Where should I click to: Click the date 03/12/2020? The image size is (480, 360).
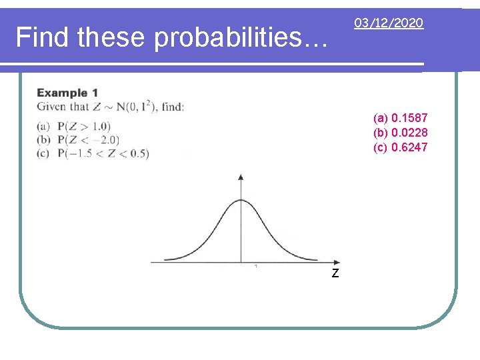click(388, 23)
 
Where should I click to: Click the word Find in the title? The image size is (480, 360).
click(43, 37)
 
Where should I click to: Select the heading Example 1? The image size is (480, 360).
click(67, 93)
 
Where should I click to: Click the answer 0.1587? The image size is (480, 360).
click(410, 118)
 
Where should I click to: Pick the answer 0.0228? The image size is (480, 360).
click(410, 133)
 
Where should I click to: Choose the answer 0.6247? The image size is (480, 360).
click(410, 147)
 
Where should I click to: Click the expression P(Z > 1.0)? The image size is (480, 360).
click(84, 126)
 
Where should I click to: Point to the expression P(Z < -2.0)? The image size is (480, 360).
click(88, 139)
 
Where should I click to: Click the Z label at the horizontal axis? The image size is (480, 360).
click(335, 273)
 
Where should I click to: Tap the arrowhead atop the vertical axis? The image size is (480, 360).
click(241, 177)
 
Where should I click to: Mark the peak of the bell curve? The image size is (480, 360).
click(241, 201)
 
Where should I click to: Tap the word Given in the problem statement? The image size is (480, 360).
click(52, 107)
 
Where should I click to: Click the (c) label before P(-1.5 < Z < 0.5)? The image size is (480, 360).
click(44, 153)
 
